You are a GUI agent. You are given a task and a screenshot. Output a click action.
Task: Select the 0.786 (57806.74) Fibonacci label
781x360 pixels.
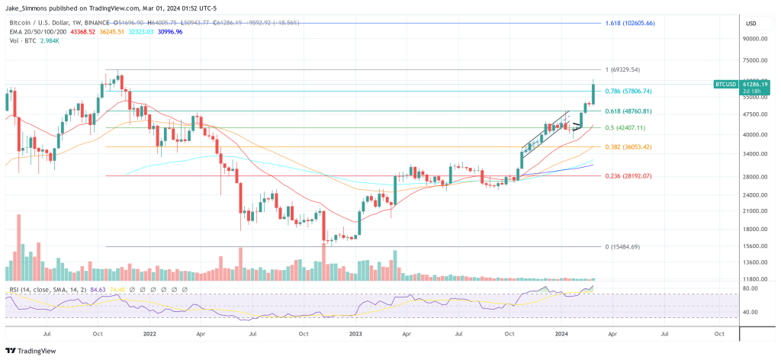point(628,92)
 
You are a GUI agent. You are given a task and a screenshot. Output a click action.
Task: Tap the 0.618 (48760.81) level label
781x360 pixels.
point(628,111)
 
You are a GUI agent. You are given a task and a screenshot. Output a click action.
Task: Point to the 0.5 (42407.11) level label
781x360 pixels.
point(625,127)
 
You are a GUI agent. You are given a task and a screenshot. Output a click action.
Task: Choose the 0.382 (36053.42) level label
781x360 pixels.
point(628,146)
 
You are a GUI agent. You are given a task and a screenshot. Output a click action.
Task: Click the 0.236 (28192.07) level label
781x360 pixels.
point(628,176)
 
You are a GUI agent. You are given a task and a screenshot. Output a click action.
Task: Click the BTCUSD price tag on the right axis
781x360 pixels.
point(725,83)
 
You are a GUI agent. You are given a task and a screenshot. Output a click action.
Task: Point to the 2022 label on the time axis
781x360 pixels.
point(149,333)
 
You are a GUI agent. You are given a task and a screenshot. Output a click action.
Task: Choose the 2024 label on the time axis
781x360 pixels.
point(561,333)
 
